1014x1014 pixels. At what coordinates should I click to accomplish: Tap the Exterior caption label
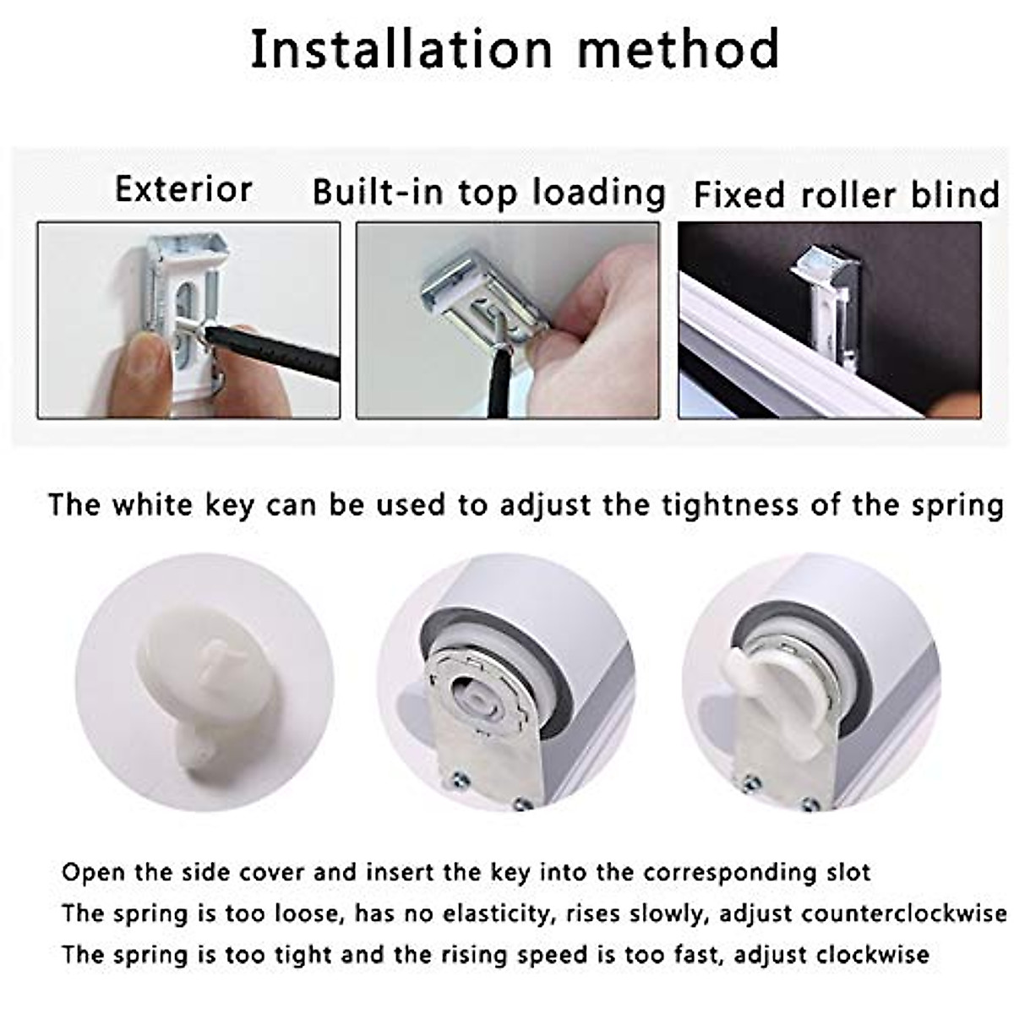[x=183, y=189]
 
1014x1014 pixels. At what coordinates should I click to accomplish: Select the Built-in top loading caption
[x=489, y=193]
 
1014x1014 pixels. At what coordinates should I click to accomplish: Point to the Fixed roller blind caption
[x=846, y=195]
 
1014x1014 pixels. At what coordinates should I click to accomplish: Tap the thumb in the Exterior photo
[x=139, y=372]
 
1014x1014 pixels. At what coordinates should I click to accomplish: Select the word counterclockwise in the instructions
[x=904, y=913]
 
